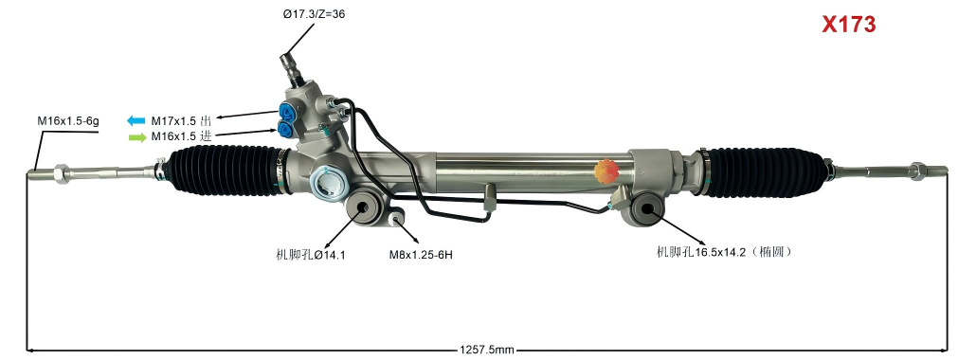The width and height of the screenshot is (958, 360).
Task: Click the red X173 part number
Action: pyautogui.click(x=848, y=26)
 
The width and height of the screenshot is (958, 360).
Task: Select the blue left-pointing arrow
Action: pyautogui.click(x=136, y=120)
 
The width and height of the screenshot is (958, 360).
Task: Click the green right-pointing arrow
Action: pyautogui.click(x=136, y=136)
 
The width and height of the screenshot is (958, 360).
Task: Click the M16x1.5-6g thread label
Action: pyautogui.click(x=68, y=120)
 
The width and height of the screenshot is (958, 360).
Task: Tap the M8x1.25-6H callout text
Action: pyautogui.click(x=421, y=255)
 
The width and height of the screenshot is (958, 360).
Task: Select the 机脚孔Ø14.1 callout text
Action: pyautogui.click(x=310, y=255)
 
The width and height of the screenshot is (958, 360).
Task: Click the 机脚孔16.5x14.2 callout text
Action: pyautogui.click(x=723, y=252)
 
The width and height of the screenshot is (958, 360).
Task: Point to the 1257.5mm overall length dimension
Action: pyautogui.click(x=487, y=350)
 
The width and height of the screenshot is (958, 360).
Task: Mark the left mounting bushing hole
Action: pyautogui.click(x=364, y=209)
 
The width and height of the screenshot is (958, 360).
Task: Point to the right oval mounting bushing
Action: pyautogui.click(x=648, y=211)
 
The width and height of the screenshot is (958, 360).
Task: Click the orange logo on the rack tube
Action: pyautogui.click(x=605, y=171)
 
